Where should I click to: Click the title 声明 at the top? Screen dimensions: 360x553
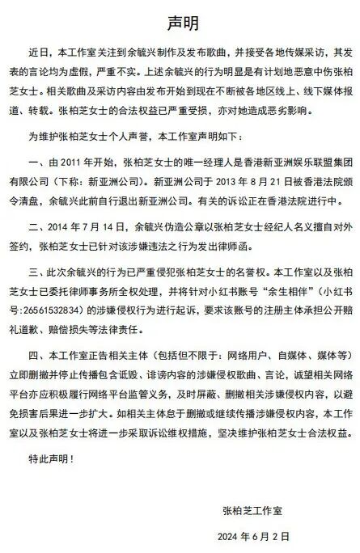[x=180, y=19]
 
